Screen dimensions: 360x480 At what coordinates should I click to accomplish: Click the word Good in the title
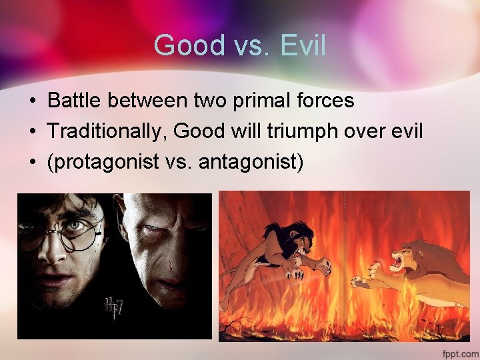coord(180,45)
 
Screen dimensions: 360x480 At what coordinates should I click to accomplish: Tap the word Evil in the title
coord(303,45)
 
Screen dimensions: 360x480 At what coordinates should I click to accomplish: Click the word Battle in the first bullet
coord(72,101)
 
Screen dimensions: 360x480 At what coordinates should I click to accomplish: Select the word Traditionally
coord(107,131)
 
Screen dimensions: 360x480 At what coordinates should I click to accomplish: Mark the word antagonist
coord(256,162)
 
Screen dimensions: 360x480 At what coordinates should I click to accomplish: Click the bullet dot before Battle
coord(31,101)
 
